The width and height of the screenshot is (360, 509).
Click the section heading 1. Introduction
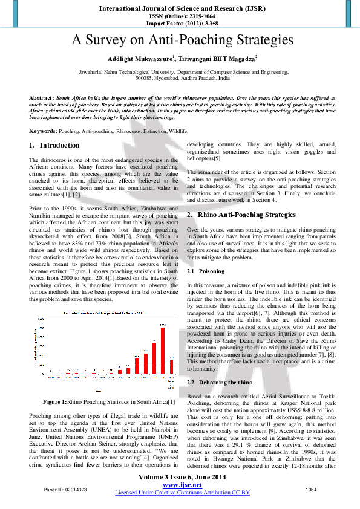point(54,146)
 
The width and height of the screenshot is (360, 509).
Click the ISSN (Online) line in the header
point(180,16)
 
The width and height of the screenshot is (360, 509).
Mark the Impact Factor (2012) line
point(180,22)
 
